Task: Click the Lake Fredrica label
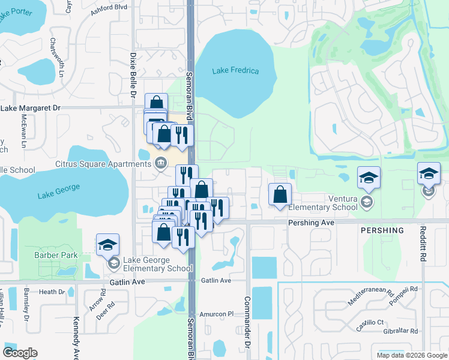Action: pos(235,71)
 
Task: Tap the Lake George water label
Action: pos(58,191)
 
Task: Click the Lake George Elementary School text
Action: pos(158,264)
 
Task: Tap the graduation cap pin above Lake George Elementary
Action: pos(107,244)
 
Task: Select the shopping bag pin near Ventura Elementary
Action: pos(280,194)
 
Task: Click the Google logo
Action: pos(20,353)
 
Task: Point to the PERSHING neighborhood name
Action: pos(382,230)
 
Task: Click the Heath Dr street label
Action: pos(52,292)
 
